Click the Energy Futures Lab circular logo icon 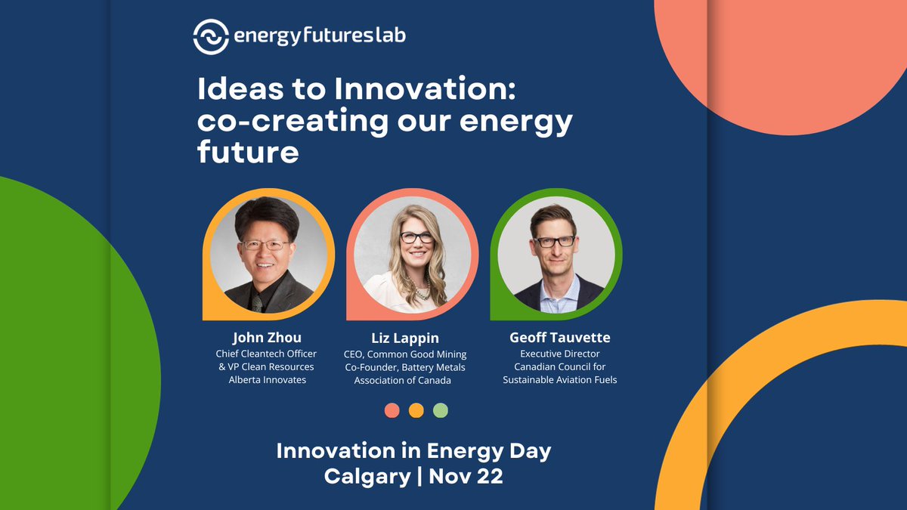(x=211, y=36)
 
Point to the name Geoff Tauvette (x=560, y=337)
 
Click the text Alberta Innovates (x=268, y=380)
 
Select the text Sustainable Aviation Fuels (x=560, y=380)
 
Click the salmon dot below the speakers (x=392, y=410)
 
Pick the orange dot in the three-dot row (x=416, y=410)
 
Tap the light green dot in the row (x=440, y=410)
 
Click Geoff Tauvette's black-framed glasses (x=554, y=242)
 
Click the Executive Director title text (x=560, y=354)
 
